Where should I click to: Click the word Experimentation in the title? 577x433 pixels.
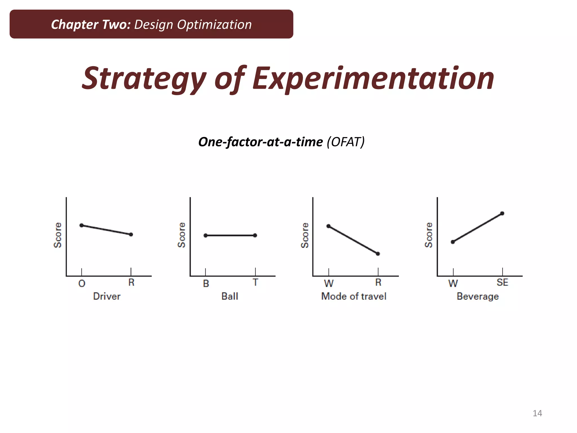373,78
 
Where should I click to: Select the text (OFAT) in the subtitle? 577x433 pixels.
345,142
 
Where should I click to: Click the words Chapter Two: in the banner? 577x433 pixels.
91,25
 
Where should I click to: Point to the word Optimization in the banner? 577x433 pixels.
214,25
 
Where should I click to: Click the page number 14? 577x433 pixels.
537,413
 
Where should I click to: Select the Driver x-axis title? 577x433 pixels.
107,296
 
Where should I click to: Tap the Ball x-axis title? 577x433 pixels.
230,296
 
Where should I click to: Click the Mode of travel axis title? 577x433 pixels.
354,296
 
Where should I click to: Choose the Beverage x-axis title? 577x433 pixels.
478,297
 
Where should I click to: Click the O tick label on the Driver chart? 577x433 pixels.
82,283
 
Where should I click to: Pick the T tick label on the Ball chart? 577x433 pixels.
255,282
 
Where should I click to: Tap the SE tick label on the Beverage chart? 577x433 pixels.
502,282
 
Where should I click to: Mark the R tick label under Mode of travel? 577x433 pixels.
378,282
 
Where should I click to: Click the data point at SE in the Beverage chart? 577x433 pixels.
502,213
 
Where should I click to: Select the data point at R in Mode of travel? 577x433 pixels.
378,254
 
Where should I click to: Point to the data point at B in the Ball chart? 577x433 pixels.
205,235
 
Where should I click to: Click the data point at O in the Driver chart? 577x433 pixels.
81,225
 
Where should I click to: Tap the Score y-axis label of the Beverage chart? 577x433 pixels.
429,235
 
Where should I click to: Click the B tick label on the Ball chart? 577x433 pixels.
206,284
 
